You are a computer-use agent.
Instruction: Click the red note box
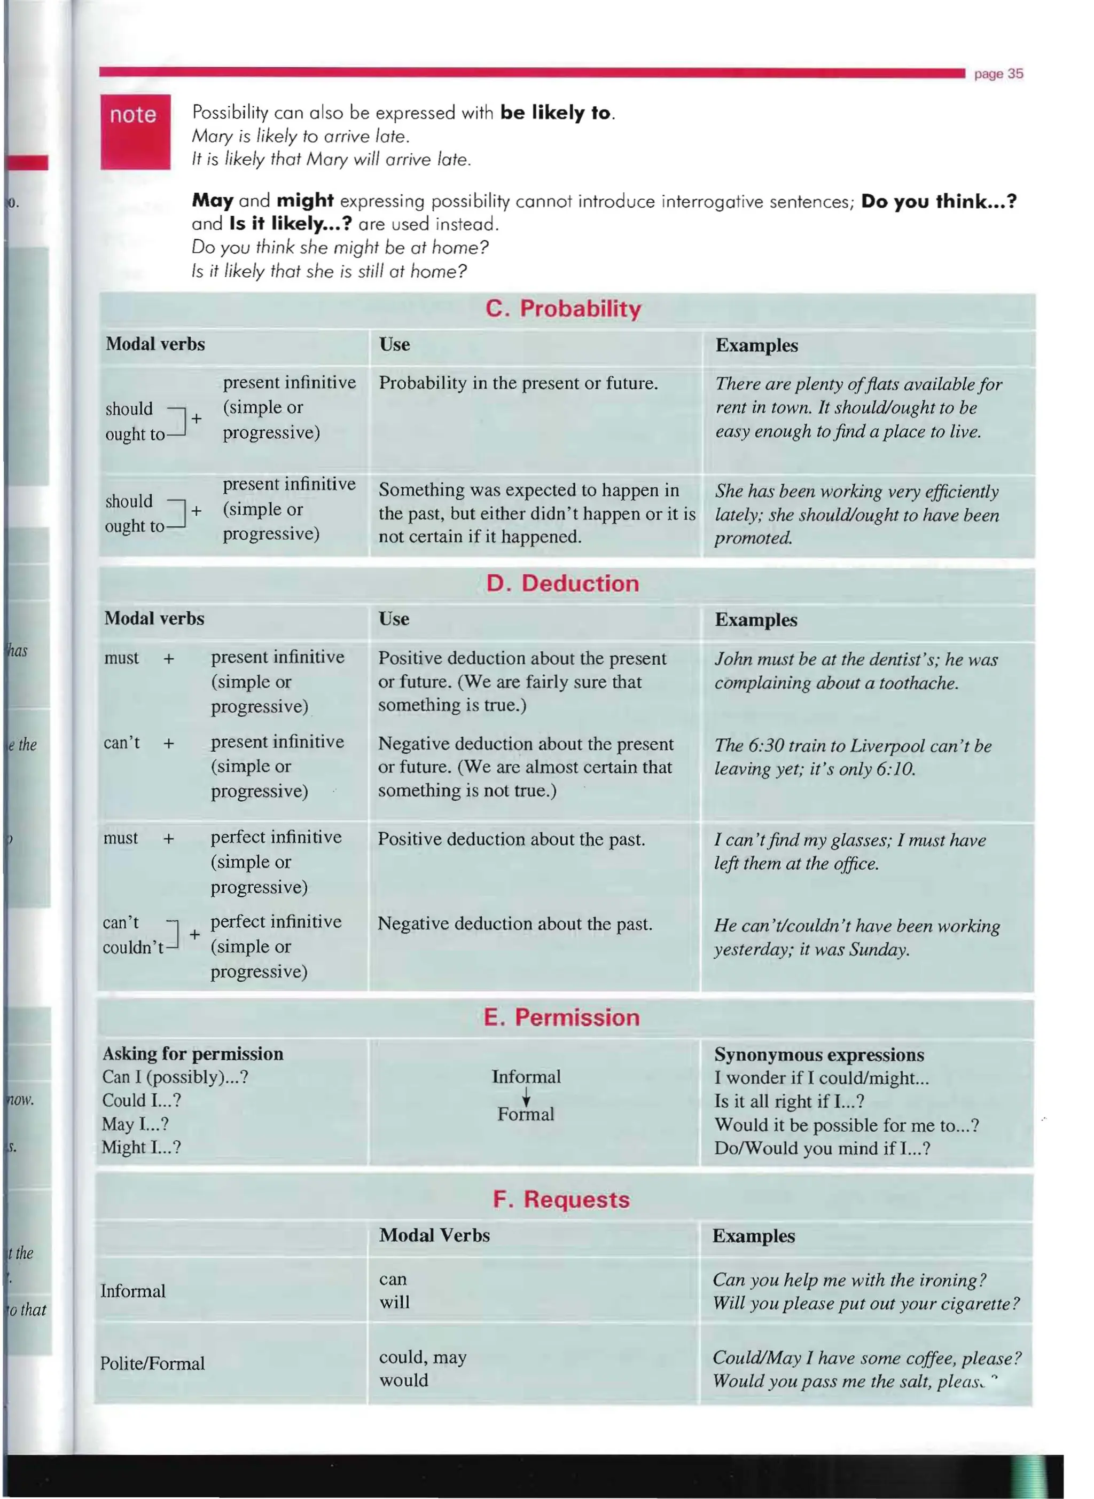coord(135,132)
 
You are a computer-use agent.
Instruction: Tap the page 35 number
coord(998,74)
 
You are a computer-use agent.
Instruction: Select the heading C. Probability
coord(563,309)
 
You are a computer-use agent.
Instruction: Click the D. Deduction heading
coord(562,583)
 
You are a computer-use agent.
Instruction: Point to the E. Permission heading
coord(561,1017)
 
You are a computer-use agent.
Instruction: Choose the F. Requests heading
coord(561,1199)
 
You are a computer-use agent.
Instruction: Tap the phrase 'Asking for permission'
coord(193,1054)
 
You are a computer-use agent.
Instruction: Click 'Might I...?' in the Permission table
coord(141,1147)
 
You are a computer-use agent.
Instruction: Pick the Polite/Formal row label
coord(152,1363)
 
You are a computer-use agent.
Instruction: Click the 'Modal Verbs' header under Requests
coord(434,1235)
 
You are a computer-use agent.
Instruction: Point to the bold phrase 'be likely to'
coord(555,113)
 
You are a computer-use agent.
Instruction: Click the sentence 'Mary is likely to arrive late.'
coord(301,136)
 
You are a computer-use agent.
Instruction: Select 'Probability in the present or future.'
coord(518,383)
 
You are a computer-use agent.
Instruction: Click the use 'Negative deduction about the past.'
coord(514,924)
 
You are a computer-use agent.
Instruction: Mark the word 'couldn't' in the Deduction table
coord(133,948)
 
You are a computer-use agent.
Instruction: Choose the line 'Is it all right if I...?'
coord(788,1101)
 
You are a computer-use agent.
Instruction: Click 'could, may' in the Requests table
coord(423,1358)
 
